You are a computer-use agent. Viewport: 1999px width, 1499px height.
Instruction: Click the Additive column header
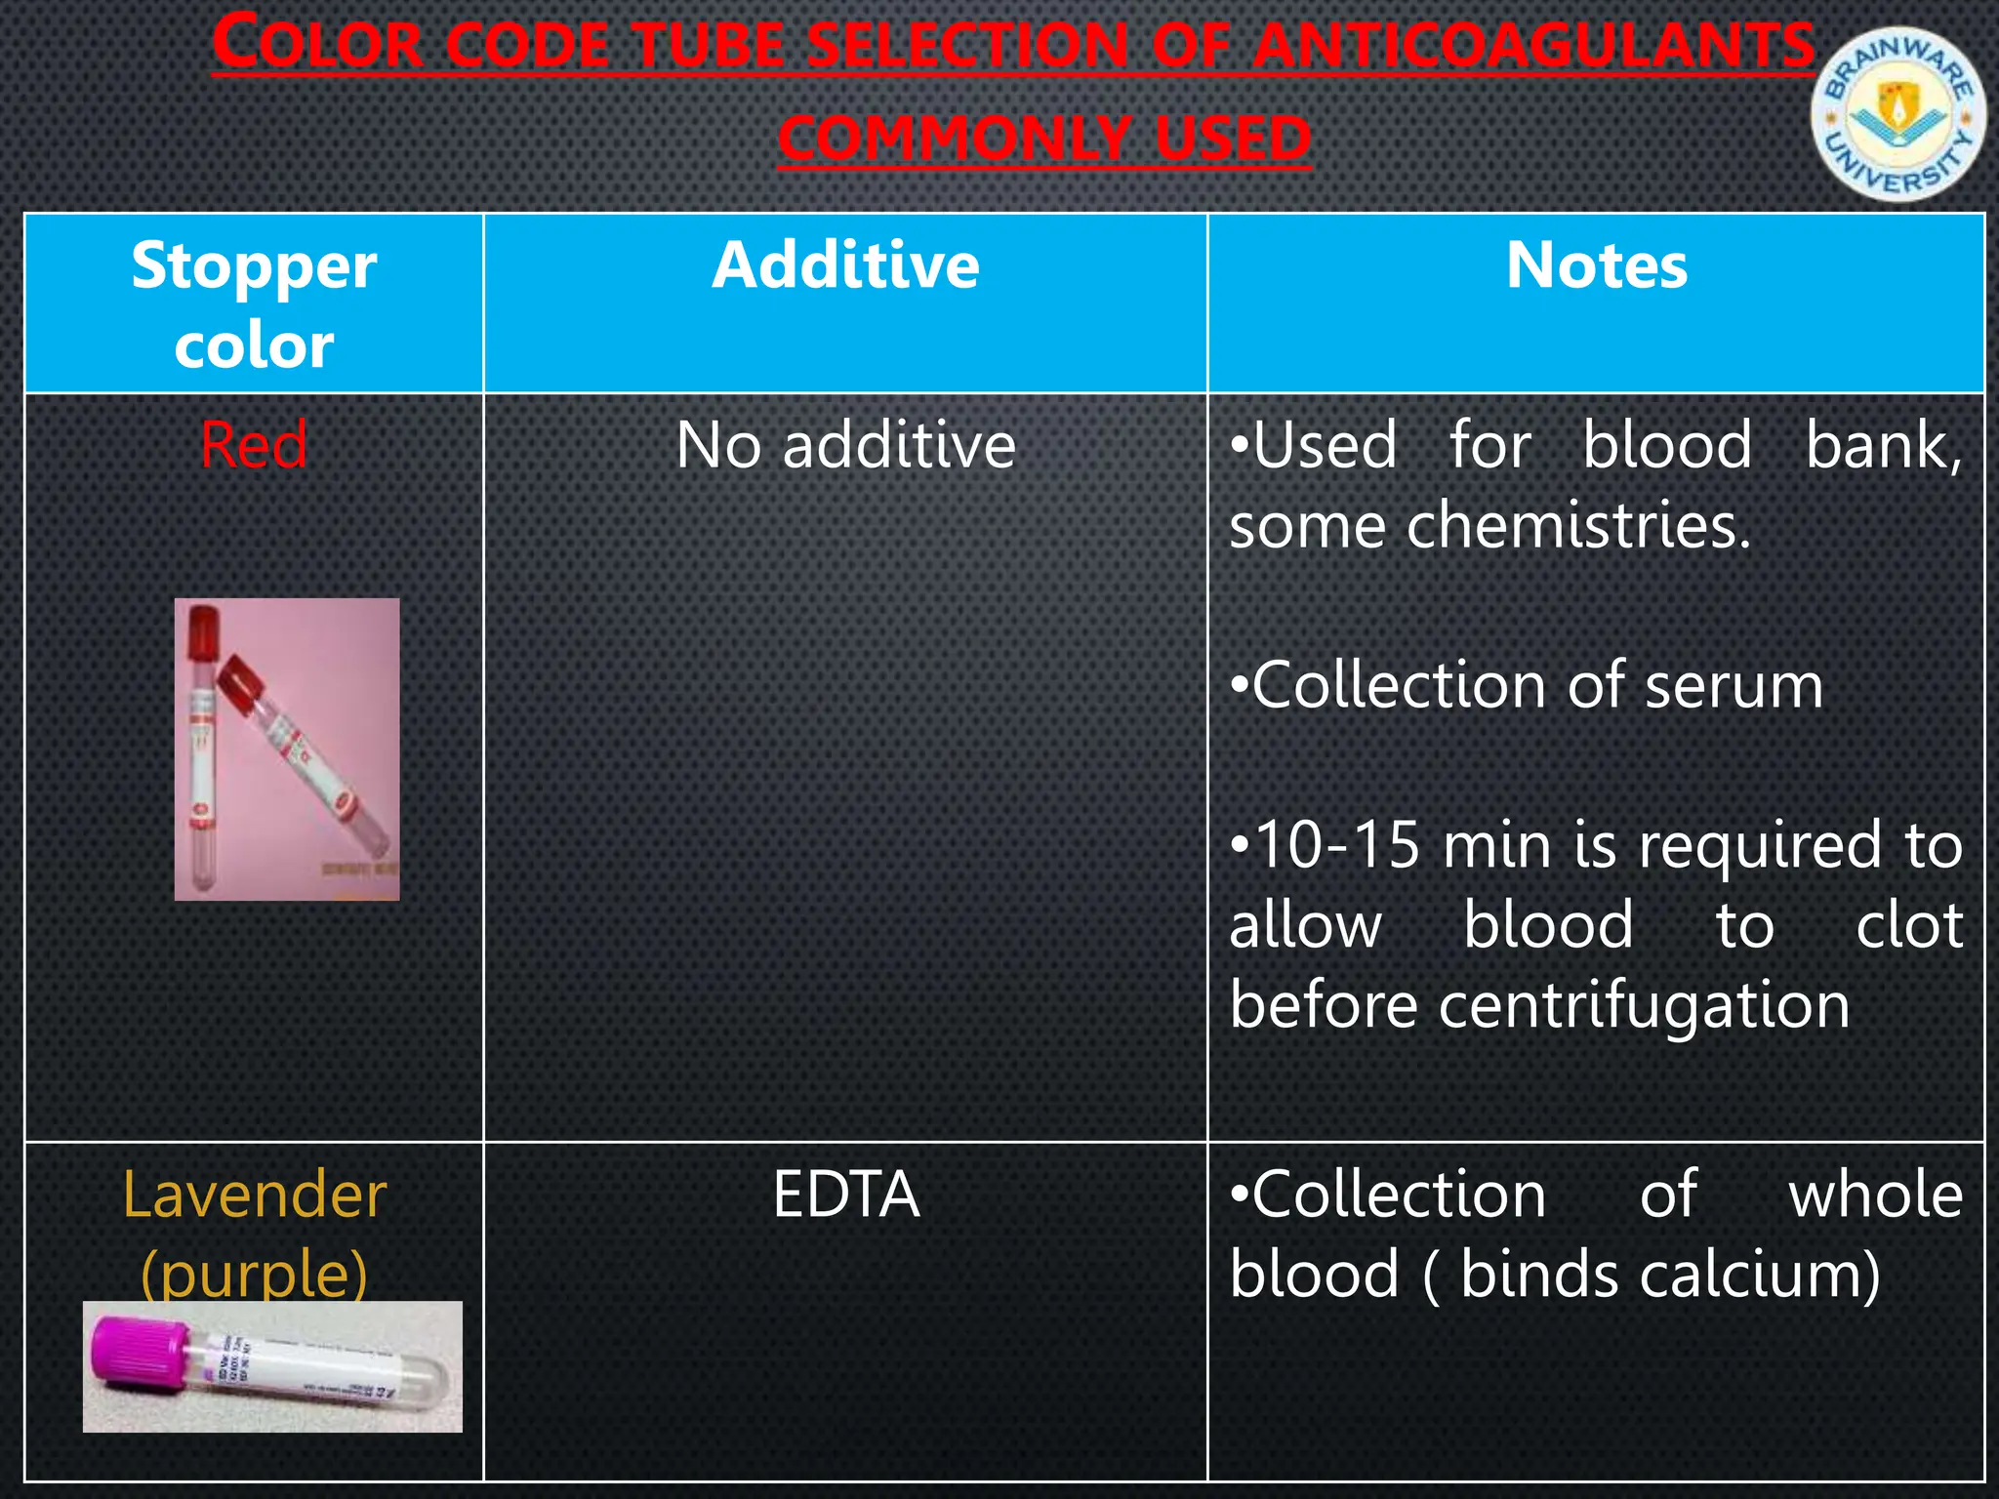point(845,265)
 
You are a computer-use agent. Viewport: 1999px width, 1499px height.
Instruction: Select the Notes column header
point(1596,265)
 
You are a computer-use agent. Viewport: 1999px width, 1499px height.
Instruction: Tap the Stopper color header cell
point(254,304)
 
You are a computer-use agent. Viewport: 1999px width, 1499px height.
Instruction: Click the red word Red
point(254,445)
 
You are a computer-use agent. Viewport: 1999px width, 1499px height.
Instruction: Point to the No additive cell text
point(845,446)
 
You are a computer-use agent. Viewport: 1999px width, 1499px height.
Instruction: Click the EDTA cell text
point(845,1195)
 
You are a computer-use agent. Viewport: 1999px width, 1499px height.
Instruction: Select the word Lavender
point(255,1195)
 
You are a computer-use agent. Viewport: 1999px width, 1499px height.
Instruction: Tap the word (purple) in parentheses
point(254,1273)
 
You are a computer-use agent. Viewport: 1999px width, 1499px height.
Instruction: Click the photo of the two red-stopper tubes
point(287,749)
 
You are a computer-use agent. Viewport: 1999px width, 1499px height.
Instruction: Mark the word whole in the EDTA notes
point(1875,1195)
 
